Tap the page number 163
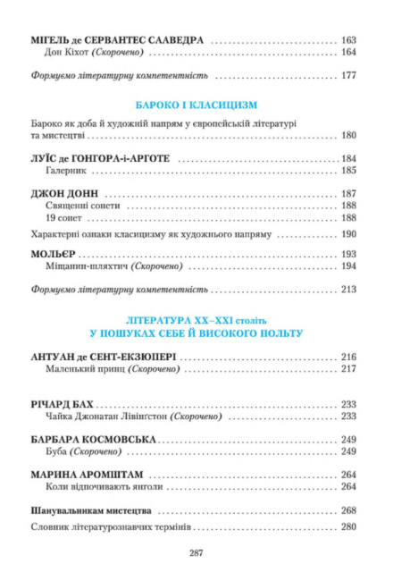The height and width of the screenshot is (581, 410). (x=348, y=40)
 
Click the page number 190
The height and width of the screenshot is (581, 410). (x=348, y=234)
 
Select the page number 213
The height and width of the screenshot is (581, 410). (x=348, y=290)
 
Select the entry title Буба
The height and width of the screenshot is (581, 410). (x=54, y=452)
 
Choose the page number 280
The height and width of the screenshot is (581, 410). (x=348, y=527)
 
